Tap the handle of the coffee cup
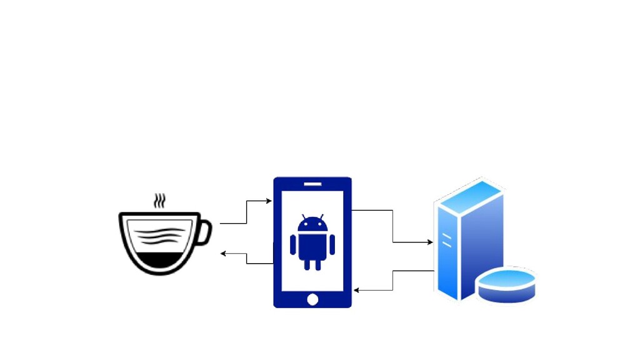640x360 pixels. [x=205, y=232]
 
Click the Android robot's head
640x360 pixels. [x=312, y=225]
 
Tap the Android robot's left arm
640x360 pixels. [x=293, y=244]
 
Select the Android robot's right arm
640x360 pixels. [x=332, y=244]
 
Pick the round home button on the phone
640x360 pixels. [x=312, y=300]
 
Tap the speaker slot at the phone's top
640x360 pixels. [x=312, y=184]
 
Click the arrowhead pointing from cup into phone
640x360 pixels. [x=269, y=201]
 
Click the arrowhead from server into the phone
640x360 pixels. [x=356, y=290]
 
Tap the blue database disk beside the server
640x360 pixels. [x=506, y=284]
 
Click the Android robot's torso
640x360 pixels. [x=312, y=245]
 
